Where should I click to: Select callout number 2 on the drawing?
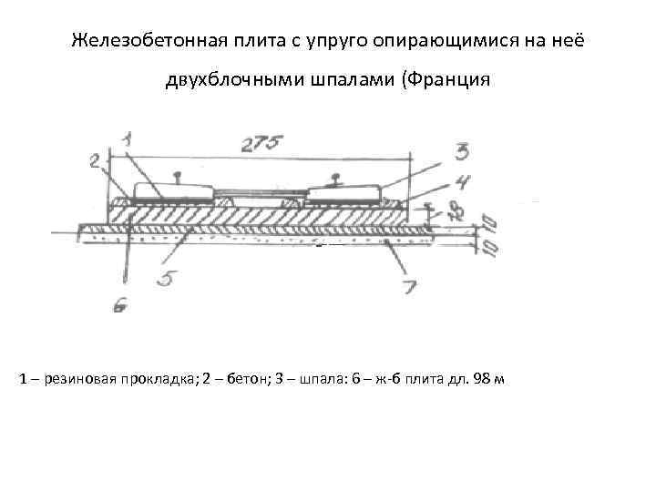96,161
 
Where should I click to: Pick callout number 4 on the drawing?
464,180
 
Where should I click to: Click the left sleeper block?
173,192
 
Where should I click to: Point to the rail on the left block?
174,176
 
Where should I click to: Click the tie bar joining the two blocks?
260,193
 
